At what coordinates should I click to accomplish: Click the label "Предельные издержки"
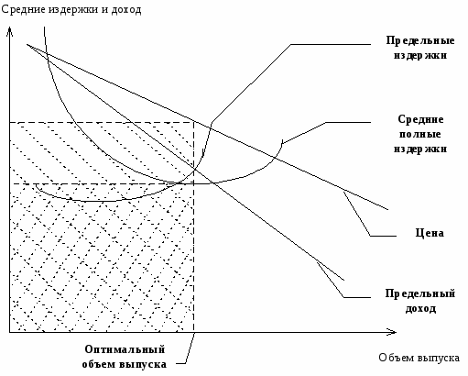tap(420, 48)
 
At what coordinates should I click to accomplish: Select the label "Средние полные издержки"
tap(420, 134)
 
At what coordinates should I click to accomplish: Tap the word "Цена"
tap(430, 233)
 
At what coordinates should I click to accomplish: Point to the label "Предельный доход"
tap(420, 301)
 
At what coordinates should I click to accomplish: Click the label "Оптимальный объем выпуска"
tap(125, 357)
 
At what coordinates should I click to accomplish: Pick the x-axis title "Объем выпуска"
tap(419, 358)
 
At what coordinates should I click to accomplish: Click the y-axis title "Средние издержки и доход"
tap(71, 9)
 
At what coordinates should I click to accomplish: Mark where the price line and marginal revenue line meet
tap(27, 45)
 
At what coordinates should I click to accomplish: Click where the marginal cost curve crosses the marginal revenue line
tap(194, 168)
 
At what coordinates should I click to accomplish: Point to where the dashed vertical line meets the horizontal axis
tap(193, 332)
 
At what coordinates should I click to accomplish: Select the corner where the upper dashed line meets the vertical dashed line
tap(193, 122)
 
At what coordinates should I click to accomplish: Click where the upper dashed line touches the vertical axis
tap(10, 122)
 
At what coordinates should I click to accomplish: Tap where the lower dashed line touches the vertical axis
tap(10, 184)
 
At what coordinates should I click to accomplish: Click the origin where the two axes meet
tap(10, 332)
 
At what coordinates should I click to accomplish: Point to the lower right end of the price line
tap(387, 210)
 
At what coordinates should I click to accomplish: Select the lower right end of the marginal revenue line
tap(344, 280)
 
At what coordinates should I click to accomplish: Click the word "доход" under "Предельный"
tap(420, 308)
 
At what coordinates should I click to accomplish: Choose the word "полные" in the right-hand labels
tap(420, 134)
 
